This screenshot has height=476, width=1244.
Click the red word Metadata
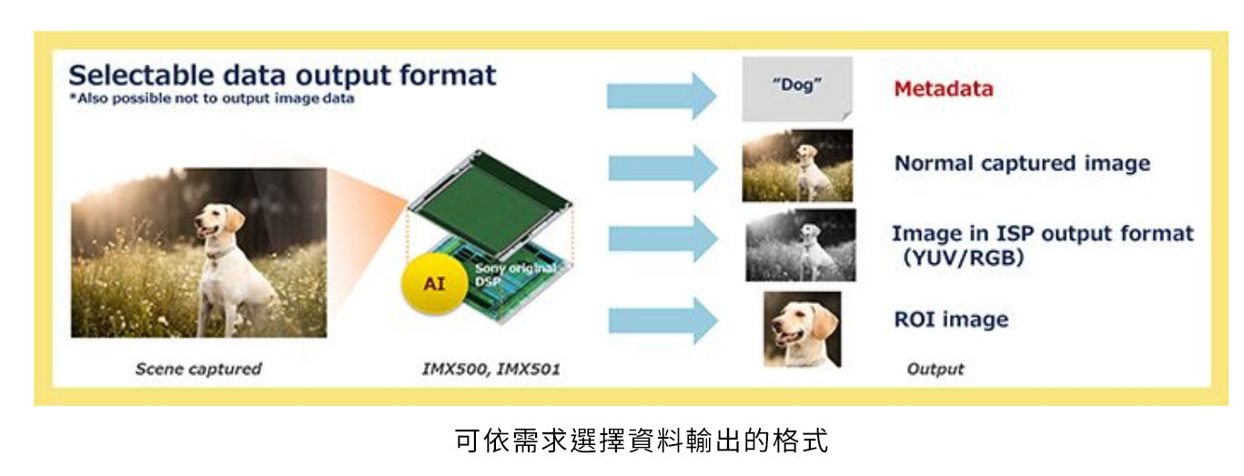[943, 89]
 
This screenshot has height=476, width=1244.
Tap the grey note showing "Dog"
[797, 89]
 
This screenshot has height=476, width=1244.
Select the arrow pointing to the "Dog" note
[662, 96]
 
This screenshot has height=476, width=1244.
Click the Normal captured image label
[1022, 163]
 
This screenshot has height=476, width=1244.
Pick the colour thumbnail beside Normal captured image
[797, 165]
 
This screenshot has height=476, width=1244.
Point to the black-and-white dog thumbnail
[800, 245]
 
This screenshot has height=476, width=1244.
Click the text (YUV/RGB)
[963, 258]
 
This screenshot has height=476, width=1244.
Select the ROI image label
[951, 319]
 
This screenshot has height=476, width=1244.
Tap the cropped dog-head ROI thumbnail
[802, 329]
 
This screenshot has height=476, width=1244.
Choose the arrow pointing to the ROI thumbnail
[663, 320]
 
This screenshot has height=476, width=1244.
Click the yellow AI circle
[435, 284]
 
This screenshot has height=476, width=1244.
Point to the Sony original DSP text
[513, 275]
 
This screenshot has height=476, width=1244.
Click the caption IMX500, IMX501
[491, 369]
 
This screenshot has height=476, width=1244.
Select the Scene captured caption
[198, 369]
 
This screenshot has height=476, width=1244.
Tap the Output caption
[936, 369]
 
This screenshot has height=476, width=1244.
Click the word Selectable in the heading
[141, 75]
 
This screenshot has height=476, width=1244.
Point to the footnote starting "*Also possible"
[212, 98]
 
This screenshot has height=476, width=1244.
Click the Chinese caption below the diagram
[642, 441]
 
